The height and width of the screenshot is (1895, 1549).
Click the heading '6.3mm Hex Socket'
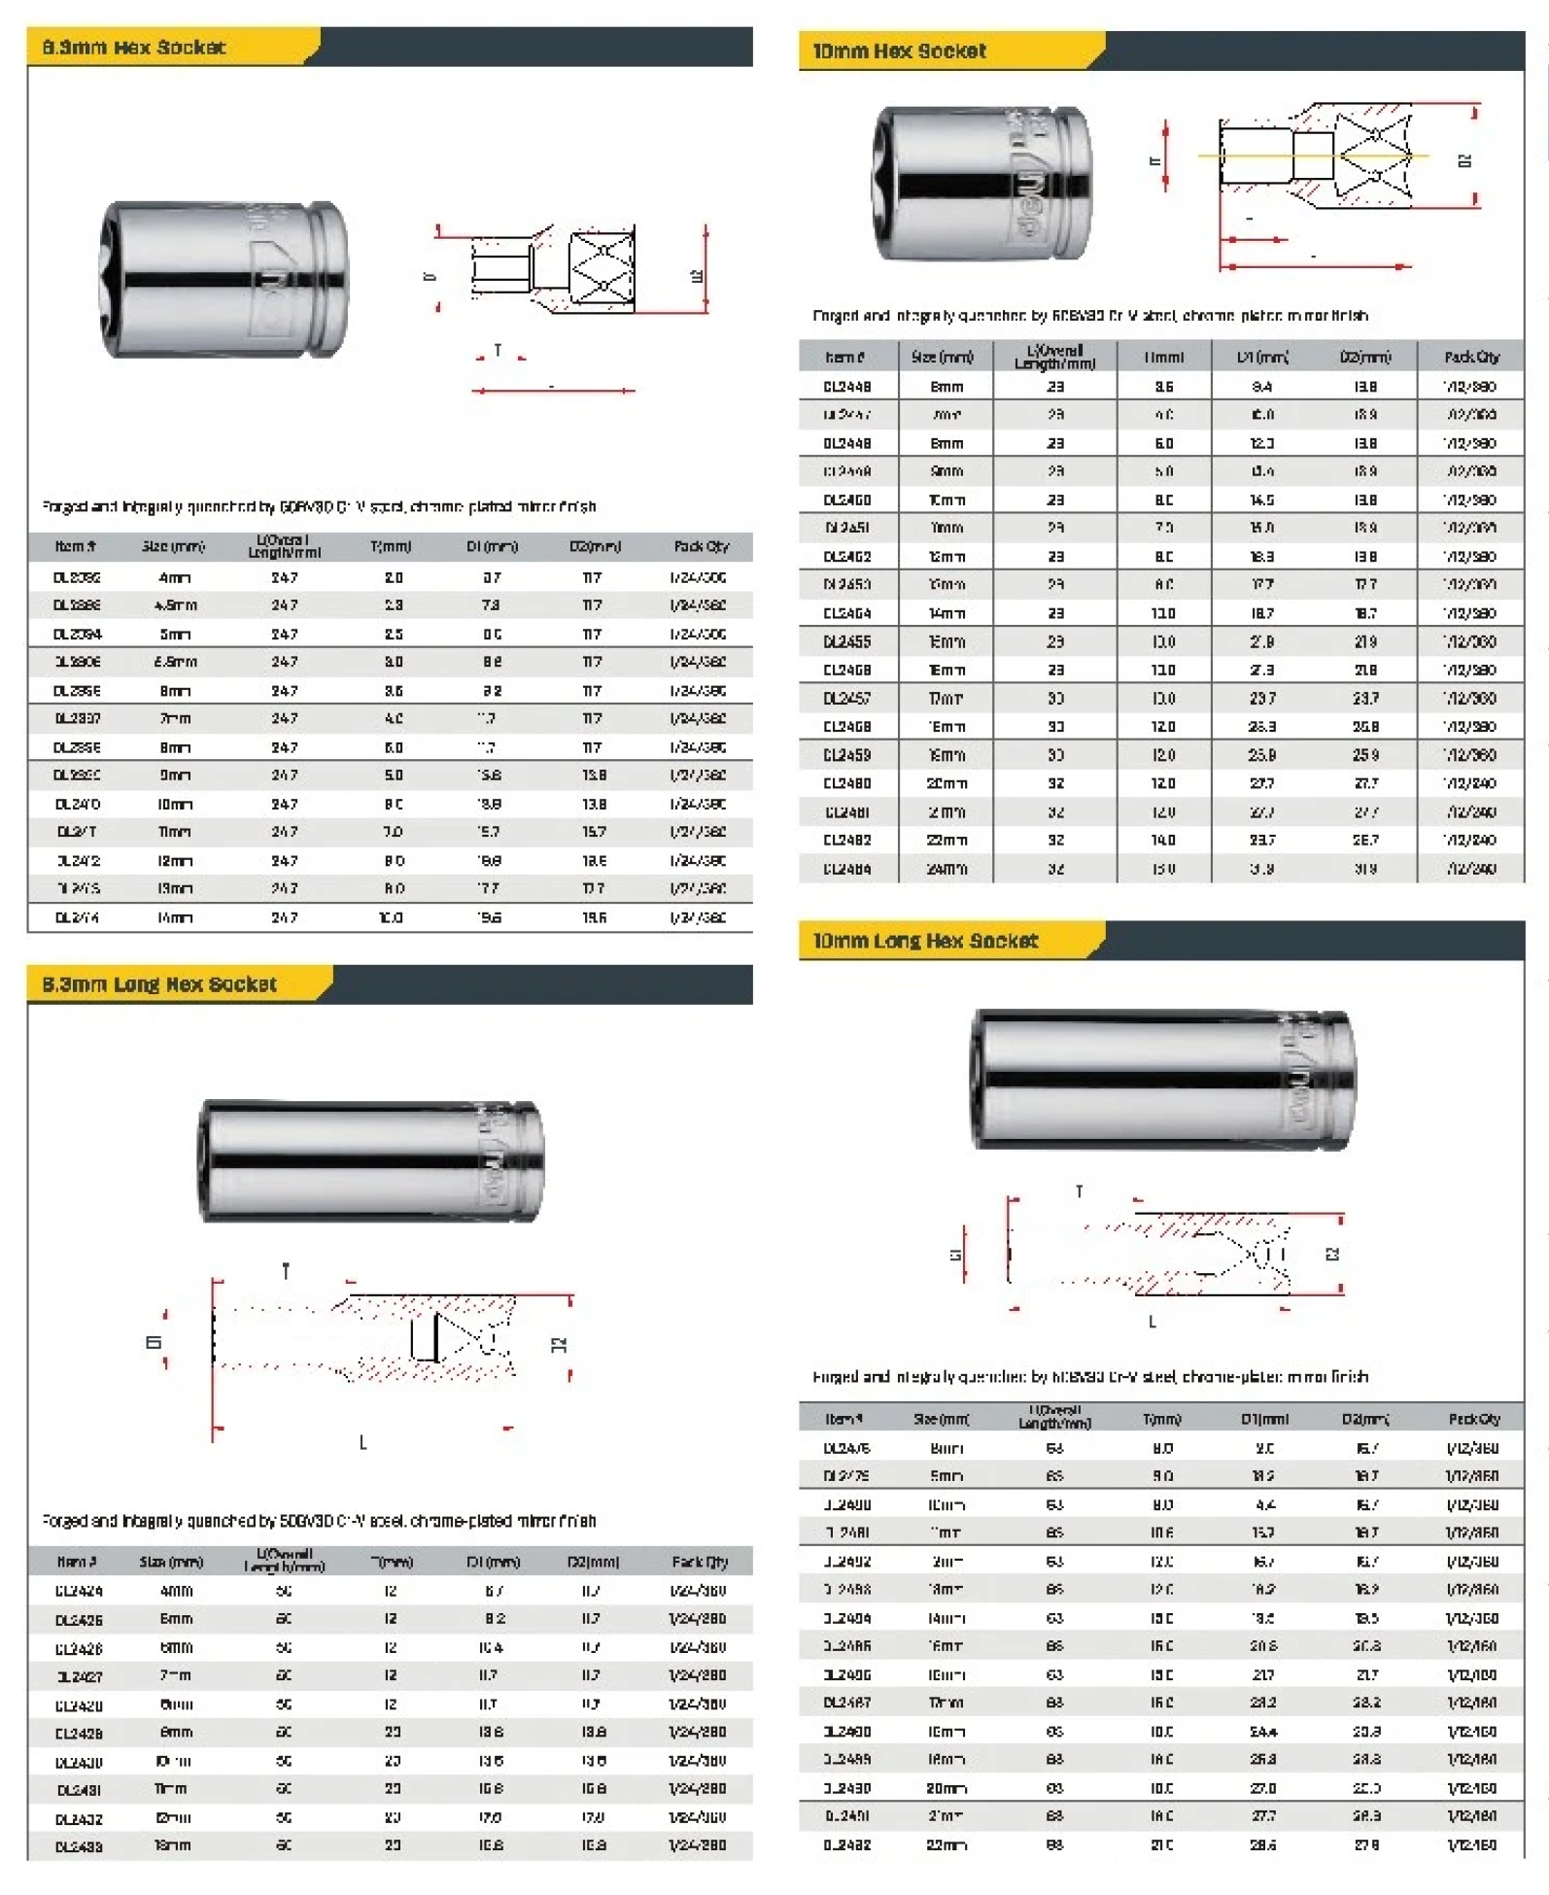[x=133, y=47]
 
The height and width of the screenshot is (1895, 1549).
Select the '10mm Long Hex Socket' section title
[x=924, y=940]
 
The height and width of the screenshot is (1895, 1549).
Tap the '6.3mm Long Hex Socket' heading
[x=158, y=983]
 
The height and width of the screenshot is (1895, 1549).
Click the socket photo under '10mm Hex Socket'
[x=981, y=184]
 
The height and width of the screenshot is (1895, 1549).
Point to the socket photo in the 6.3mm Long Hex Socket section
[x=370, y=1160]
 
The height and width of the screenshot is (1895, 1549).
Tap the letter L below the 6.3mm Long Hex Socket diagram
[x=362, y=1442]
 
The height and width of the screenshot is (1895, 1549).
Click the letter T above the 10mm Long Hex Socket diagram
[x=1079, y=1190]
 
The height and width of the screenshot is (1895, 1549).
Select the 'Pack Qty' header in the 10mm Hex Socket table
[x=1471, y=357]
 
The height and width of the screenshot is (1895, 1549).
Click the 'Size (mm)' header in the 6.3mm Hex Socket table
[x=173, y=546]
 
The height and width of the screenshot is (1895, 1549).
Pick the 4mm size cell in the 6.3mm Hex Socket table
[x=175, y=577]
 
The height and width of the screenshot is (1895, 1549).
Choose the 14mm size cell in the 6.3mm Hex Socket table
[x=175, y=917]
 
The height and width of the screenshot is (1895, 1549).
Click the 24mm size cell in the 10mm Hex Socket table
[x=946, y=869]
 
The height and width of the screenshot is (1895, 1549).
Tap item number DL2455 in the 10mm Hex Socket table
[x=846, y=641]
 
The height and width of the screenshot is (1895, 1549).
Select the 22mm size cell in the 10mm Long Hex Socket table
[x=946, y=1844]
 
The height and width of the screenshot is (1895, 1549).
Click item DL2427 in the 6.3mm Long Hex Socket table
[x=79, y=1676]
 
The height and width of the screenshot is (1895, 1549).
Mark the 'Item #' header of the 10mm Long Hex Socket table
[x=843, y=1419]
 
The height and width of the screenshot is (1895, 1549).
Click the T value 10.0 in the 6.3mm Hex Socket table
[x=391, y=917]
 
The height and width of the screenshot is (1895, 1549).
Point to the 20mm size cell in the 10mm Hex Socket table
[x=946, y=783]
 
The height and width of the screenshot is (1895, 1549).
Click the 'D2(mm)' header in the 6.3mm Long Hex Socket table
[x=593, y=1562]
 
